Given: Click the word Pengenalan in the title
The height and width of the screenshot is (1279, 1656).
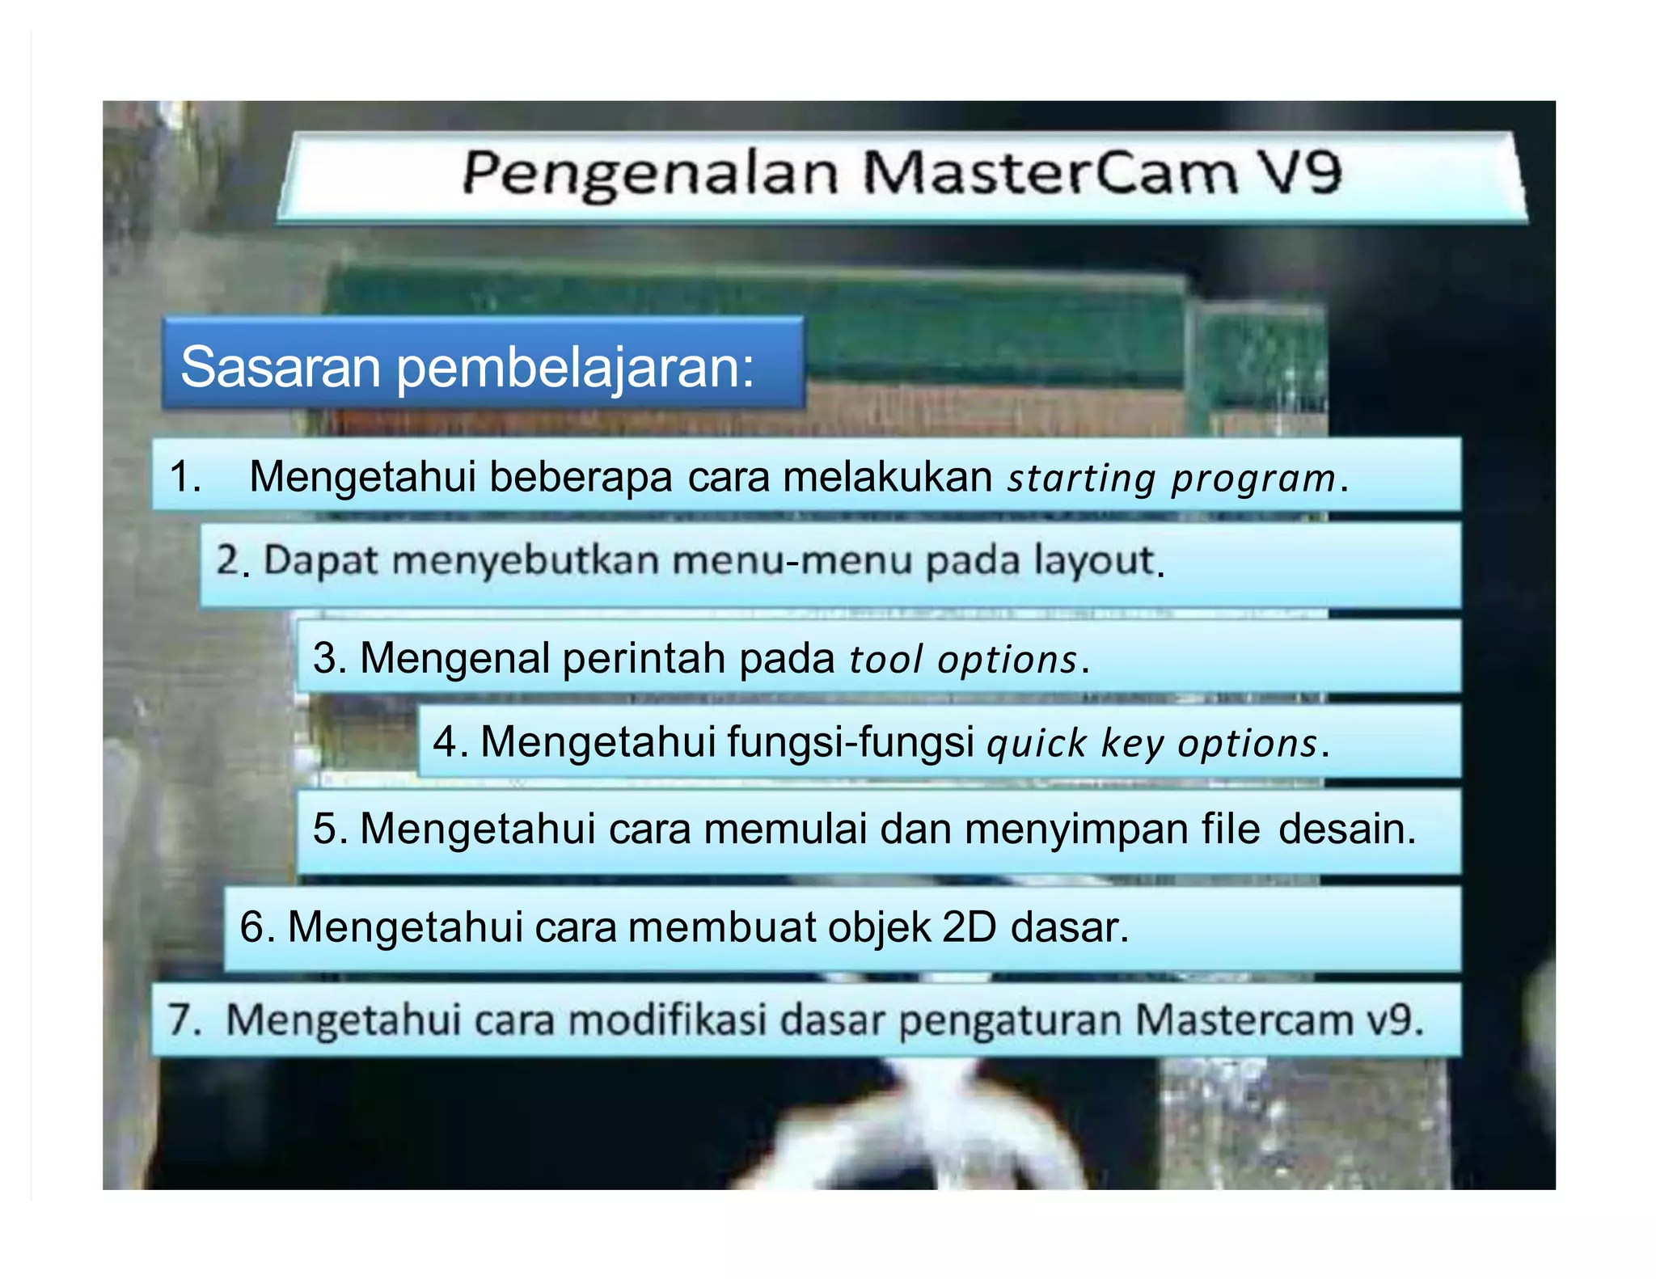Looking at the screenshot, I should pos(650,174).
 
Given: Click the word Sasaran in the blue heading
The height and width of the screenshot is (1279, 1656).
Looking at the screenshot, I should pos(280,366).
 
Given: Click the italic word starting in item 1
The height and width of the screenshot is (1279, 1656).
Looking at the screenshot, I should pos(1081,478).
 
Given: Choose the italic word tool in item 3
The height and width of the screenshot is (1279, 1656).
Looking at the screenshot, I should pos(885,659).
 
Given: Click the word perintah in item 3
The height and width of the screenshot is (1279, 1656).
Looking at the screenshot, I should pos(644,657).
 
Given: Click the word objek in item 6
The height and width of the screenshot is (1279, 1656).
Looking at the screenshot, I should pos(879,928).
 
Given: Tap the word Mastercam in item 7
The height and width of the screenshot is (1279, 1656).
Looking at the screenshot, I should pos(1244,1019).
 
